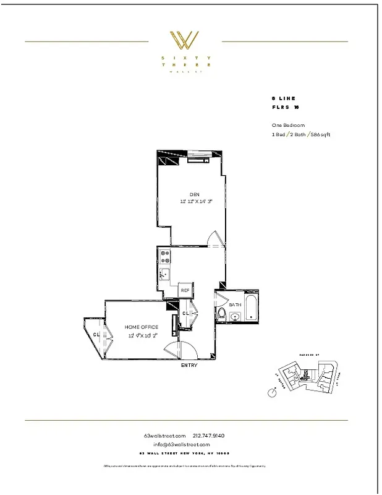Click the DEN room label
click(x=186, y=194)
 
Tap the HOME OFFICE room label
click(x=142, y=327)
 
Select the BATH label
click(x=235, y=305)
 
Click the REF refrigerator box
click(x=184, y=290)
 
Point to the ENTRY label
click(x=189, y=366)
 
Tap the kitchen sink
click(x=164, y=274)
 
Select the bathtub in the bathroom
click(x=251, y=308)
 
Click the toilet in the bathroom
click(x=221, y=314)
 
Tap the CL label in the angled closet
click(x=96, y=335)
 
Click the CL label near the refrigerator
click(x=185, y=314)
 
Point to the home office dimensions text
click(x=143, y=335)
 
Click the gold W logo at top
click(x=185, y=40)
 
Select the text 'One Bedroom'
click(x=288, y=125)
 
